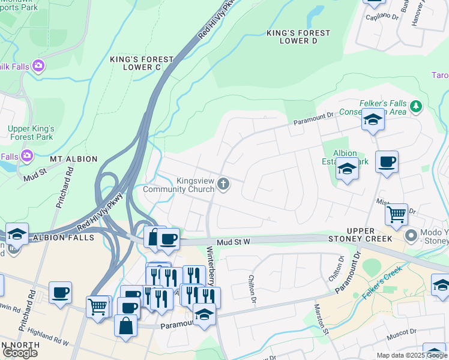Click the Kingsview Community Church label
[178, 185]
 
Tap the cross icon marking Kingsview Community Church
[224, 184]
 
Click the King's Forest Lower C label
[142, 64]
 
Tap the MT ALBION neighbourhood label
[74, 159]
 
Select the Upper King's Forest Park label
[31, 133]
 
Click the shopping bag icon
[126, 327]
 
